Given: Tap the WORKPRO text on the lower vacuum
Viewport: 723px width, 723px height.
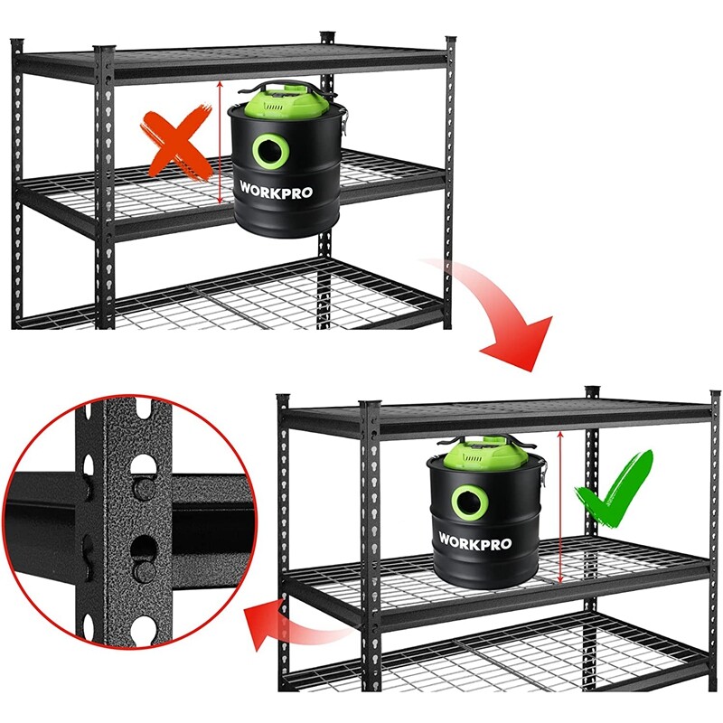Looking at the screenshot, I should [475, 543].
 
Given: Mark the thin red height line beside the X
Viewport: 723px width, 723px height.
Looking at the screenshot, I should [221, 145].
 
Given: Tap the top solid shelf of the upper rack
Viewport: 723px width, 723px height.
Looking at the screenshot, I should [235, 61].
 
